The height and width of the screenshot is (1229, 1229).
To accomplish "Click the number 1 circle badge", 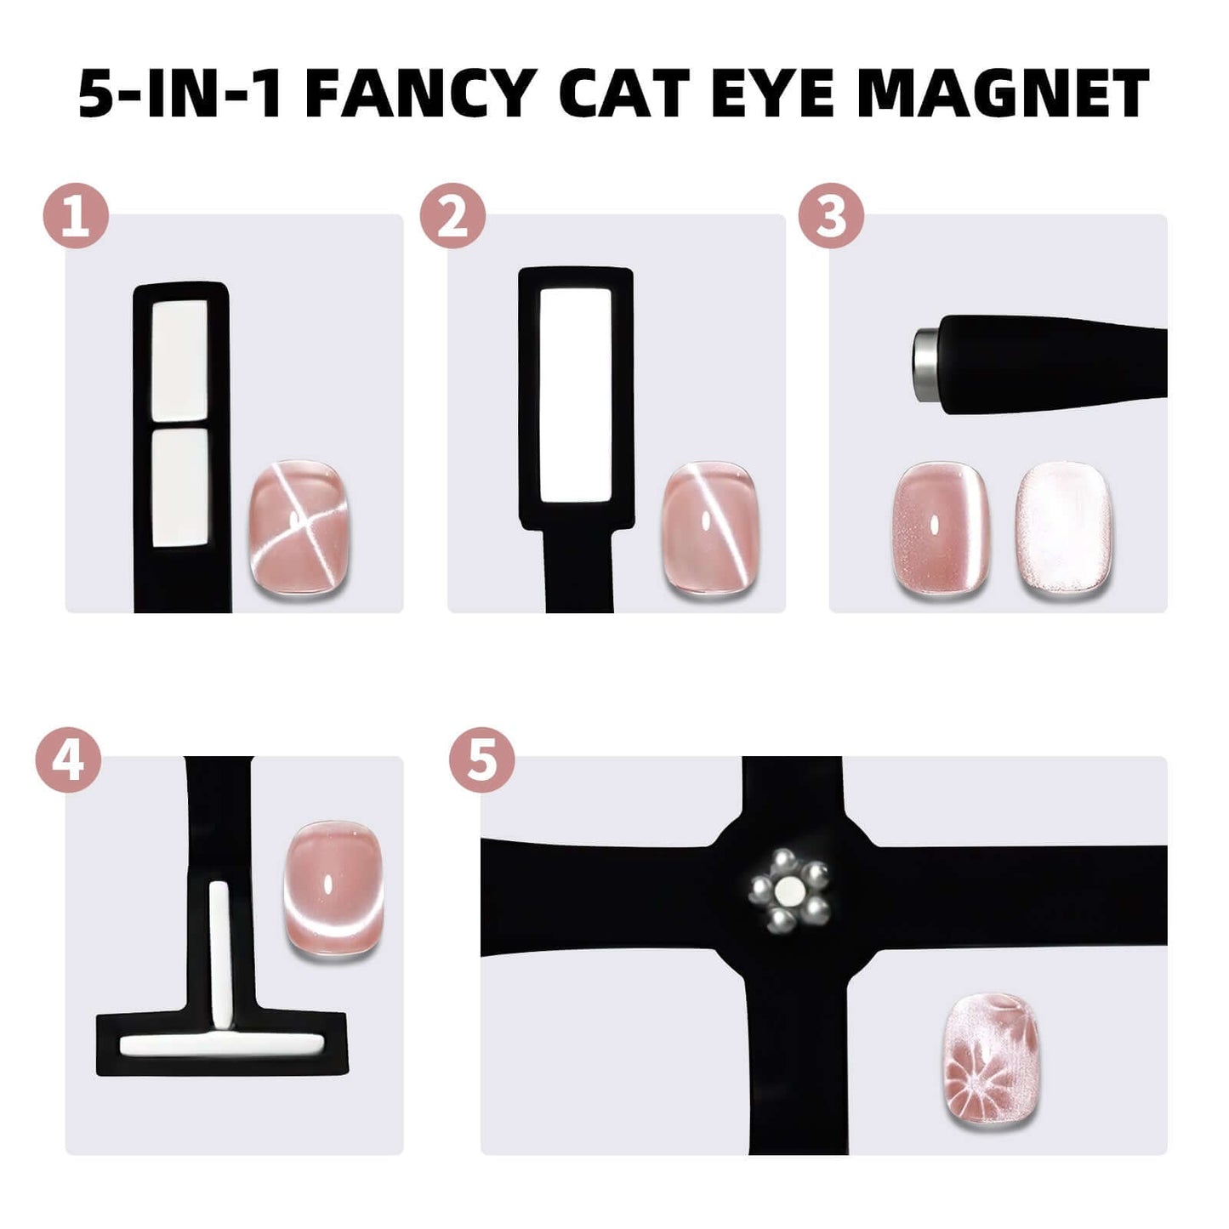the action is [x=76, y=215].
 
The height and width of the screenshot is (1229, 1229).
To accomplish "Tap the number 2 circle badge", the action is [x=452, y=215].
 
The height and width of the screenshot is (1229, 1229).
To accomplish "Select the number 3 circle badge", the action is [x=831, y=215].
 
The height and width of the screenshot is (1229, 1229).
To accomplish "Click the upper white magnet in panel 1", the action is [x=179, y=361].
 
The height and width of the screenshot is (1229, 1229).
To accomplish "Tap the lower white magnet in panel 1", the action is [x=179, y=487].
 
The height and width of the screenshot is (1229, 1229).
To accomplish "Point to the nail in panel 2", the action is [x=714, y=529].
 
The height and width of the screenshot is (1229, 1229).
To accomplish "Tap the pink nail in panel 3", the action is [x=941, y=529].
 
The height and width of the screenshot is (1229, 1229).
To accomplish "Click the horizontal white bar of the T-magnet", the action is [x=222, y=1044].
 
